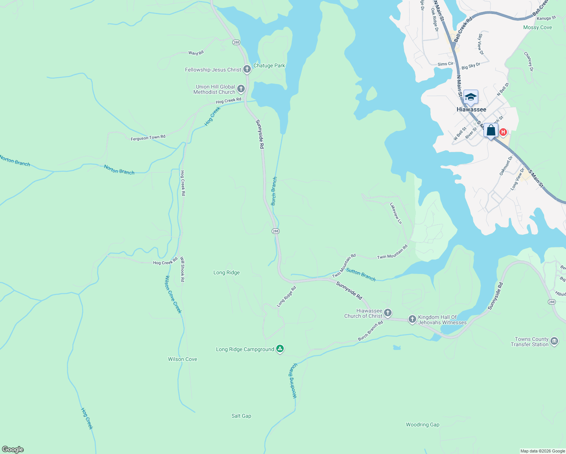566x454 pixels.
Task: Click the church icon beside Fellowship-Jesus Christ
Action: (247, 69)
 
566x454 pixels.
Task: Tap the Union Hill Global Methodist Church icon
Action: (241, 89)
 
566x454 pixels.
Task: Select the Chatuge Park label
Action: (269, 65)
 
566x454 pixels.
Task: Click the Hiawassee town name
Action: (471, 109)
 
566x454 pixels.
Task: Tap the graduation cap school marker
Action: (471, 97)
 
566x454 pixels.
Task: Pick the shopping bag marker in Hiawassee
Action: (491, 131)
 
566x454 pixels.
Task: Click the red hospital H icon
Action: (503, 132)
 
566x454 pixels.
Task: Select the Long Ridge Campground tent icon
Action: (280, 348)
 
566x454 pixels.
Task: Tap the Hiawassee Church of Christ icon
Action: (387, 313)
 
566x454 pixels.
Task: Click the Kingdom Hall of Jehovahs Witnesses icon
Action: (412, 319)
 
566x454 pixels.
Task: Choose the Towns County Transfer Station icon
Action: (554, 341)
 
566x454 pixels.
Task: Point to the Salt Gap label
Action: (241, 416)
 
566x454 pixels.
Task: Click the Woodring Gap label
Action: (423, 424)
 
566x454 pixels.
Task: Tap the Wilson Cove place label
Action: (182, 359)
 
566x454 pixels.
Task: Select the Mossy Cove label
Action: (537, 27)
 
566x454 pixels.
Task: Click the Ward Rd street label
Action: (196, 53)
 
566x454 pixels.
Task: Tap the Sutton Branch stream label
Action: (361, 275)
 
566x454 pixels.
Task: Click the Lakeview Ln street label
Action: (396, 213)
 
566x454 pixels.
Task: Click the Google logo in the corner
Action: (13, 449)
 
